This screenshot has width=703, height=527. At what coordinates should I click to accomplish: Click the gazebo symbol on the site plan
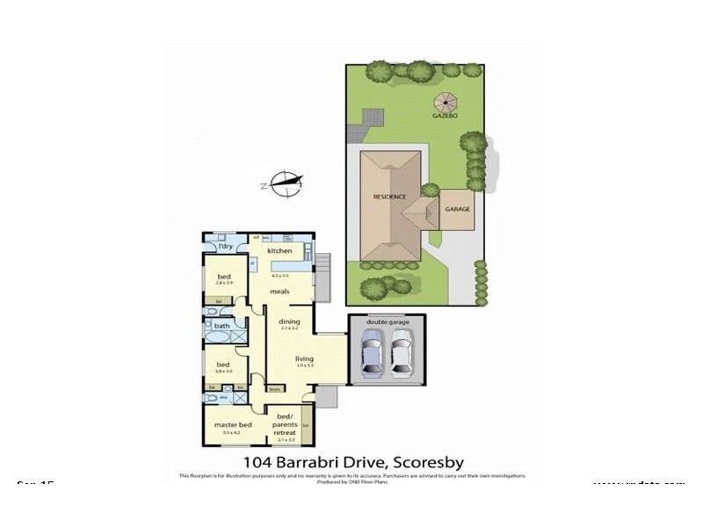pyautogui.click(x=445, y=98)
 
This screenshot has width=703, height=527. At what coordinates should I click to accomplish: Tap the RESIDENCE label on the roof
pyautogui.click(x=389, y=197)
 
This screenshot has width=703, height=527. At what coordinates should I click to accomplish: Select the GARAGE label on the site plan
pyautogui.click(x=457, y=209)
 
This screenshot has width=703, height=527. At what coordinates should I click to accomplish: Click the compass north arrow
pyautogui.click(x=286, y=184)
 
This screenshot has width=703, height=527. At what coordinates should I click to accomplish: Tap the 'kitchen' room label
pyautogui.click(x=279, y=251)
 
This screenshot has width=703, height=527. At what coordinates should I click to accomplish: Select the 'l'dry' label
pyautogui.click(x=225, y=246)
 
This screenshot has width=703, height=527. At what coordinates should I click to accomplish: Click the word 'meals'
pyautogui.click(x=279, y=292)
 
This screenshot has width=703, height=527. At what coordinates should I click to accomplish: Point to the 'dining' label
pyautogui.click(x=290, y=321)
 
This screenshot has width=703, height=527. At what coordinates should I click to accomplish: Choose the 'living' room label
pyautogui.click(x=304, y=358)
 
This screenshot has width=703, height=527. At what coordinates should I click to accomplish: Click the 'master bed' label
pyautogui.click(x=232, y=426)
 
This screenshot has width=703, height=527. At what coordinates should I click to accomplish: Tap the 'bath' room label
pyautogui.click(x=221, y=327)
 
